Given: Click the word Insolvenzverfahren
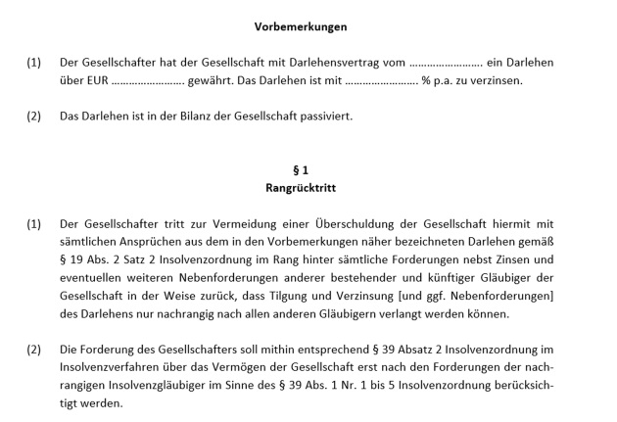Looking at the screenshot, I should click(x=114, y=366).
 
